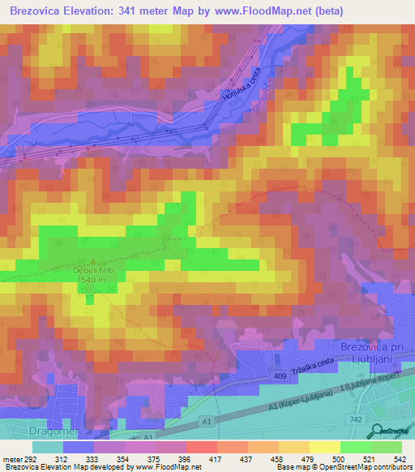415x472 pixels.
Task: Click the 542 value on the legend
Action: [x=400, y=459]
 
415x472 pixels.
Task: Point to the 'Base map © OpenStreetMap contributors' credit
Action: [x=344, y=468]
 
